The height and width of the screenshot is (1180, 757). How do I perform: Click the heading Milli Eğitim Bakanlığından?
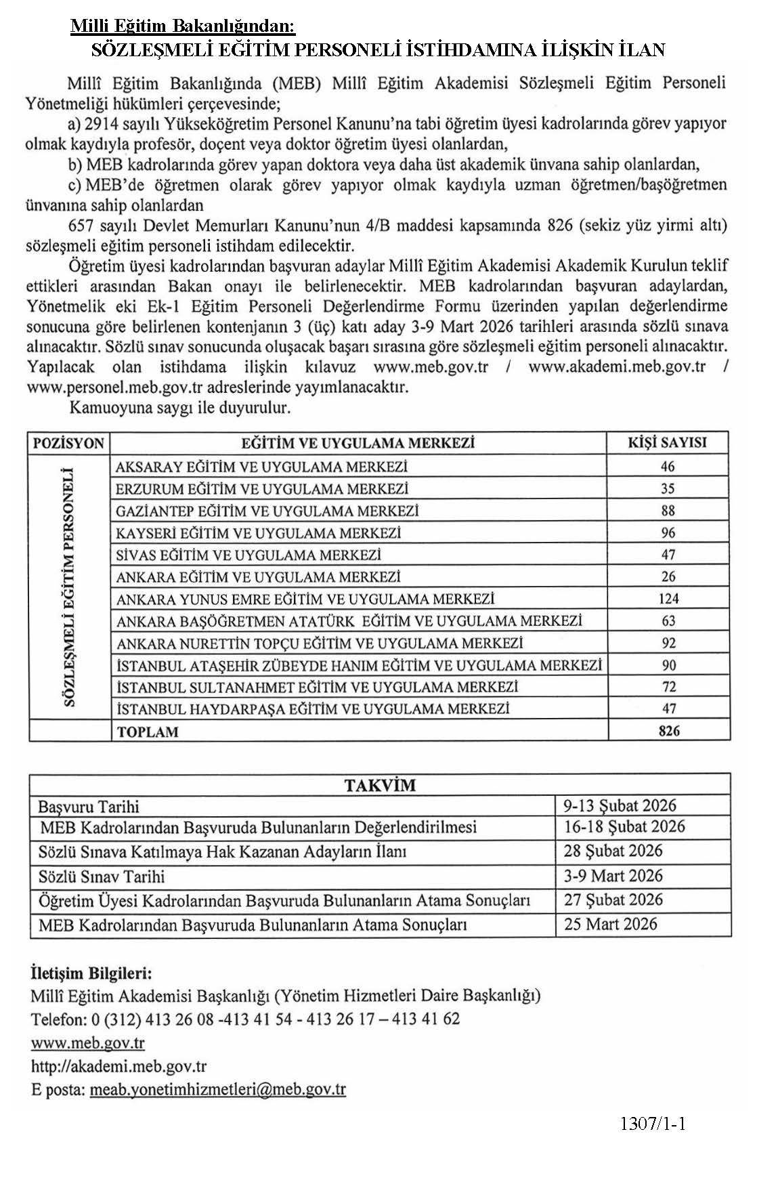coord(183,26)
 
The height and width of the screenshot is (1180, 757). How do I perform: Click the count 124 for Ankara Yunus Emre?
coord(668,599)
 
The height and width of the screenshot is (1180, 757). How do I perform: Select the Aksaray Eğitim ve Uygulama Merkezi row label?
coord(261,467)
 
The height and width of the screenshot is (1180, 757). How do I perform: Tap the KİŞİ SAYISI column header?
coord(667,443)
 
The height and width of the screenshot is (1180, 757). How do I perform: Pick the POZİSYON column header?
coord(68,444)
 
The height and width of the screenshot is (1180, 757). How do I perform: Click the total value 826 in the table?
coord(668,731)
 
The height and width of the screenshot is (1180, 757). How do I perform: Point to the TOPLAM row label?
coord(148,732)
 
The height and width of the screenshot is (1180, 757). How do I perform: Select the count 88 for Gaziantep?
coord(668,511)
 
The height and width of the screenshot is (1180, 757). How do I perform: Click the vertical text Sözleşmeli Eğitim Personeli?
coord(68,586)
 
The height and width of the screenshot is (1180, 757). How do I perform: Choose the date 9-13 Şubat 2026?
coord(620,805)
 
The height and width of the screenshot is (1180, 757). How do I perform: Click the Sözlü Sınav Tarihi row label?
coord(102,877)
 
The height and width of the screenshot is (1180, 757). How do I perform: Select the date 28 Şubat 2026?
coord(613,851)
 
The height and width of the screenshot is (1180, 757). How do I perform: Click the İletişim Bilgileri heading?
coord(91,973)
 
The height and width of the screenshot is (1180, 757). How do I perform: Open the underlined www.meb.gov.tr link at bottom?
coord(88,1042)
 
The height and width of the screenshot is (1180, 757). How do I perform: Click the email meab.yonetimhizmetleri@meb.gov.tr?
coord(217,1089)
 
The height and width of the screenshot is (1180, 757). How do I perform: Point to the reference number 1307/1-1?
coord(653,1124)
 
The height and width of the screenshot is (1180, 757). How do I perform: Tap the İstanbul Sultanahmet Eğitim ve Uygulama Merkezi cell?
coord(317,687)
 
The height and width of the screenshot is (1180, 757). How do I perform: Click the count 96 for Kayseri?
coord(668,532)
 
